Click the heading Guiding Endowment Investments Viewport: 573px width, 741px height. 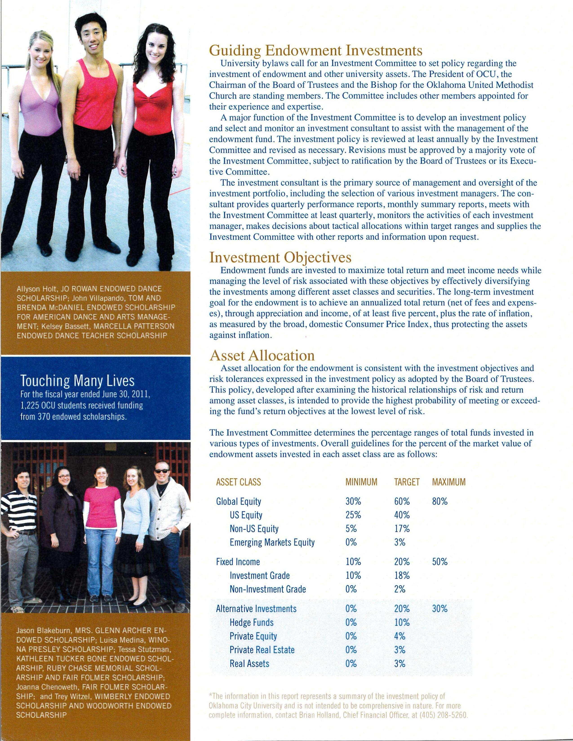316,51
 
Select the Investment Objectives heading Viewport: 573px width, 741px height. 280,258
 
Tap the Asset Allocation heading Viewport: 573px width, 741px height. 262,355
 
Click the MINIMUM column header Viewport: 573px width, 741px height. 361,482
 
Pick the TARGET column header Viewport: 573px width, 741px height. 407,482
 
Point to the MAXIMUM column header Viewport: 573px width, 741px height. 449,482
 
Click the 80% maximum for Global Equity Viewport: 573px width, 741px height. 440,501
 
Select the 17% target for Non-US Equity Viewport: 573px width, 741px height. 402,529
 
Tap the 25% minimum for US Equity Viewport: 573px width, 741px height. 353,515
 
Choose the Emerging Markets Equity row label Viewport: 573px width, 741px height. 272,542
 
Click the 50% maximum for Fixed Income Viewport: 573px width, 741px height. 440,562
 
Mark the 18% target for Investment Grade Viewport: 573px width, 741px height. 402,576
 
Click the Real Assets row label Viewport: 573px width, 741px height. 249,663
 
